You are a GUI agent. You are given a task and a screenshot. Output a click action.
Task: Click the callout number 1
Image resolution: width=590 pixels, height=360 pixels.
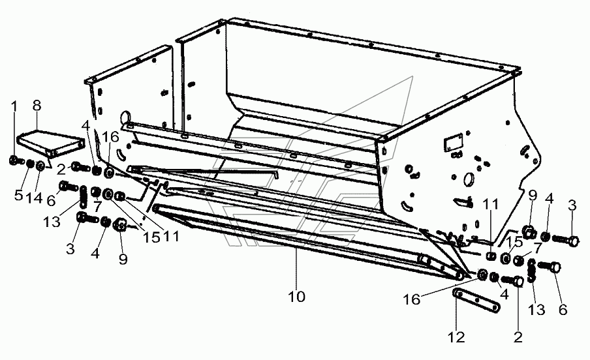click(14, 106)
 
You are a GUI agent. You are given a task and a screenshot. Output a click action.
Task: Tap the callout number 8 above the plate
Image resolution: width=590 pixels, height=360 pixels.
click(37, 106)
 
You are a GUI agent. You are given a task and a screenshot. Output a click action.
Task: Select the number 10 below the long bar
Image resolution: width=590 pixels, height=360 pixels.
click(296, 297)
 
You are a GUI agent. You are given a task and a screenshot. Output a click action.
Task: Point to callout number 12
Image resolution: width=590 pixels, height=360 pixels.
click(456, 337)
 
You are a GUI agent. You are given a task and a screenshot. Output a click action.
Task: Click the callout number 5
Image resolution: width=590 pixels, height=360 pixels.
click(19, 195)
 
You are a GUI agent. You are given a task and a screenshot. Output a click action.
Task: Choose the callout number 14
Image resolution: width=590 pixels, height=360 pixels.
click(34, 197)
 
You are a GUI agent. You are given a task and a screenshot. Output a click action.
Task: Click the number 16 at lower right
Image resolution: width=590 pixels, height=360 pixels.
click(411, 299)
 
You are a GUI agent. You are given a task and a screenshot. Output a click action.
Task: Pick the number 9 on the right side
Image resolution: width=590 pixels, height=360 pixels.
click(532, 196)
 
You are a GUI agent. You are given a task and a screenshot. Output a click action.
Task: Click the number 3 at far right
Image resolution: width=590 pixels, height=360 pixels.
click(572, 205)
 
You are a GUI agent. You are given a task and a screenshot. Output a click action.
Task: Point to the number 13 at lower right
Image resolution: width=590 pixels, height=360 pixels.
click(536, 309)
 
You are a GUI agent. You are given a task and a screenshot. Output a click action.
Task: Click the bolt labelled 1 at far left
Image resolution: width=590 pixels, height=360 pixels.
click(14, 160)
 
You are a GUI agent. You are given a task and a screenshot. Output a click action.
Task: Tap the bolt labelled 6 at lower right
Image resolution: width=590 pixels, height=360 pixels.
click(550, 267)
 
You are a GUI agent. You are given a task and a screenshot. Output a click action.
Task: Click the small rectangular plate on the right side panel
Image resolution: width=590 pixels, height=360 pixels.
click(453, 142)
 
